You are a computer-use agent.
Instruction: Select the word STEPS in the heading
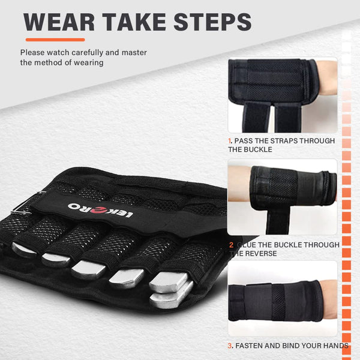click(212, 22)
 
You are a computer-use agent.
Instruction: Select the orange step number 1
click(230, 140)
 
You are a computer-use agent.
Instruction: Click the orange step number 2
click(231, 245)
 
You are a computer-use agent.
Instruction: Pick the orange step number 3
click(230, 346)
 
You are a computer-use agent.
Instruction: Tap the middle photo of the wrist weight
click(282, 197)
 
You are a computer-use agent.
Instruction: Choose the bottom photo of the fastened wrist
click(282, 299)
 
